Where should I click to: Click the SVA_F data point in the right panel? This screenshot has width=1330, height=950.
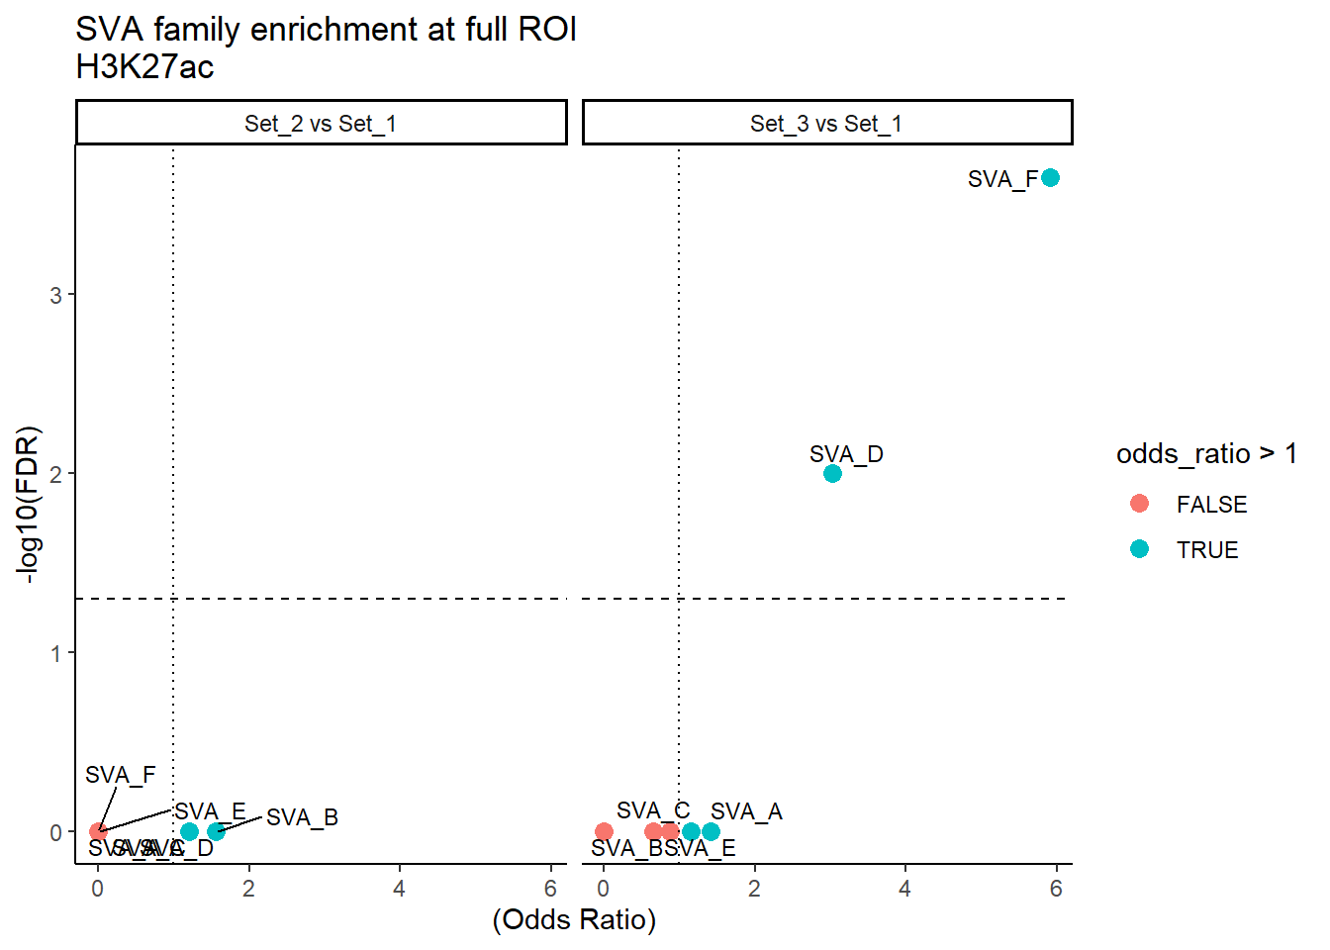1050,178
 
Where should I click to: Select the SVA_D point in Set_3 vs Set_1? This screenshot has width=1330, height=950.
832,473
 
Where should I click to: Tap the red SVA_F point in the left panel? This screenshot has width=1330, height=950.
98,831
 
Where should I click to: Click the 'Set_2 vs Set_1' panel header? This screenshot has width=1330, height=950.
321,124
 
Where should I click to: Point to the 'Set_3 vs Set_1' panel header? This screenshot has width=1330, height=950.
826,124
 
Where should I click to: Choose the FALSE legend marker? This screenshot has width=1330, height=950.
1139,504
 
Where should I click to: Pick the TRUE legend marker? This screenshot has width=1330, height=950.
1139,549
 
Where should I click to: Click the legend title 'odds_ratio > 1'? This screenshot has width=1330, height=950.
1206,453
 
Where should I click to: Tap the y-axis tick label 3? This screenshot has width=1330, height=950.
55,295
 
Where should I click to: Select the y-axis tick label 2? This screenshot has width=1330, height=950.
55,474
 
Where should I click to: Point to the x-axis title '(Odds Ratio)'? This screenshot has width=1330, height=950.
574,919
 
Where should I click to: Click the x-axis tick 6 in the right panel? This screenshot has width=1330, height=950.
1056,889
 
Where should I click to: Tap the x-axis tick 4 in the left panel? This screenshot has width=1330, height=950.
399,889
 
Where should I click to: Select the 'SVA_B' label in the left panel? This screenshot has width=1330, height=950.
302,817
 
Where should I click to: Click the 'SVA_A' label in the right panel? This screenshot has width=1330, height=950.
746,811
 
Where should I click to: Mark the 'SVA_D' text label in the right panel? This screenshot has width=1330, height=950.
846,454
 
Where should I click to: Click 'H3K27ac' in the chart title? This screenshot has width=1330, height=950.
144,67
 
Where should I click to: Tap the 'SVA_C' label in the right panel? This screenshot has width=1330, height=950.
653,810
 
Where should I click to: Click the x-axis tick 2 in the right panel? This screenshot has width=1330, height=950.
754,889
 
